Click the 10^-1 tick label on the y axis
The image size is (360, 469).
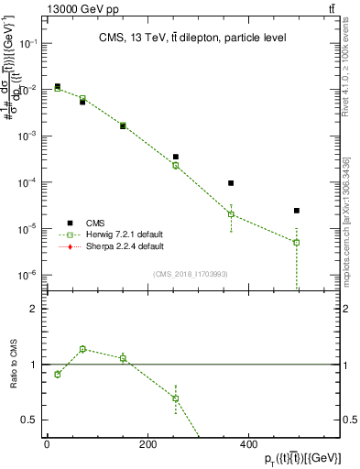[x=29, y=43]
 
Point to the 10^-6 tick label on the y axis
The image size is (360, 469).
[x=29, y=274]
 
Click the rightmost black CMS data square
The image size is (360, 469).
[x=297, y=211]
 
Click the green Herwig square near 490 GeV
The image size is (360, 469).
[x=297, y=243]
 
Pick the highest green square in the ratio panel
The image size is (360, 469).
[x=82, y=349]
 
